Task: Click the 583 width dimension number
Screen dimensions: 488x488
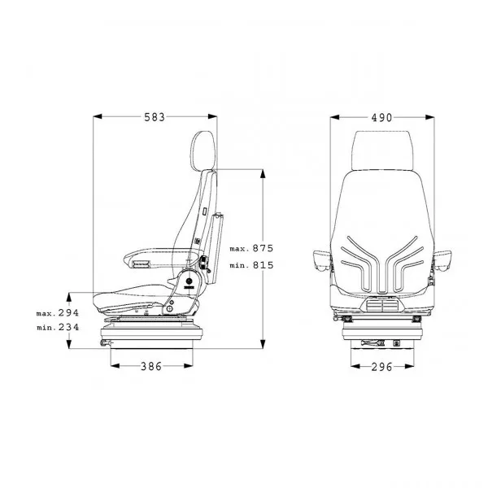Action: pos(155,117)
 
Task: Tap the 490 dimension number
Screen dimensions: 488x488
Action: pos(381,117)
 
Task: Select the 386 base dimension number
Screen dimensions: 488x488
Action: pos(151,366)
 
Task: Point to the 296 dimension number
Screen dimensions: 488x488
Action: pos(382,367)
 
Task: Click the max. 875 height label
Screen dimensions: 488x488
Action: pos(251,248)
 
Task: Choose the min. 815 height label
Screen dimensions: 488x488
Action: pos(251,265)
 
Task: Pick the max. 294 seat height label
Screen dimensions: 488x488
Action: pos(58,313)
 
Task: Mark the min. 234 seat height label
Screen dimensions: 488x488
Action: pos(58,327)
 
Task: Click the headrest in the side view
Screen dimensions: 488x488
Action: pos(203,150)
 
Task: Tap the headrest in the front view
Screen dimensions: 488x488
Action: pos(382,150)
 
